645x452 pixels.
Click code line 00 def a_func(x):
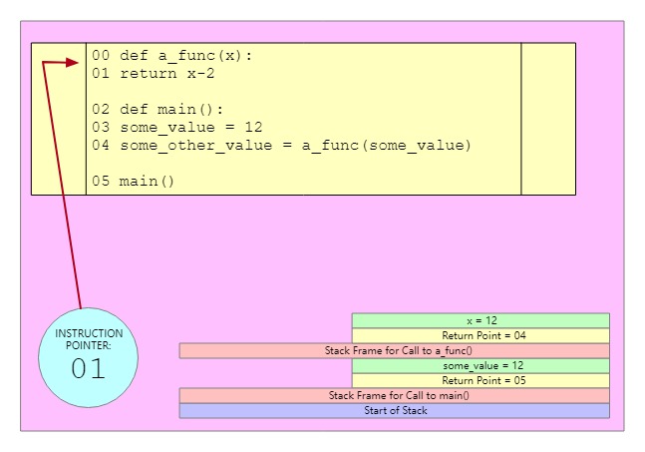tap(171, 55)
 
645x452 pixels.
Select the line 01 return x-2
tap(166, 73)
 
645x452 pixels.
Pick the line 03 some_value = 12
tap(176, 127)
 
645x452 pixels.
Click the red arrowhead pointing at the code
tap(72, 63)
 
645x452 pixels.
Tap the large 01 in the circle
tap(88, 368)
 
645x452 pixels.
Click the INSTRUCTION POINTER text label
tap(89, 339)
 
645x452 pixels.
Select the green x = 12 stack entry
tap(481, 320)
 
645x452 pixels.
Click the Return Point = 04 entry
tap(481, 335)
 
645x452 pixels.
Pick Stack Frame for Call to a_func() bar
tap(394, 350)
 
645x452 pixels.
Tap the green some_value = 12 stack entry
tap(481, 365)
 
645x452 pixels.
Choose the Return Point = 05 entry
tap(481, 380)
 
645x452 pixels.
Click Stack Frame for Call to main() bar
tap(394, 395)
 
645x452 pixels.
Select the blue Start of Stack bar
tap(394, 410)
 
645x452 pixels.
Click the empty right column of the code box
tap(548, 118)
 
